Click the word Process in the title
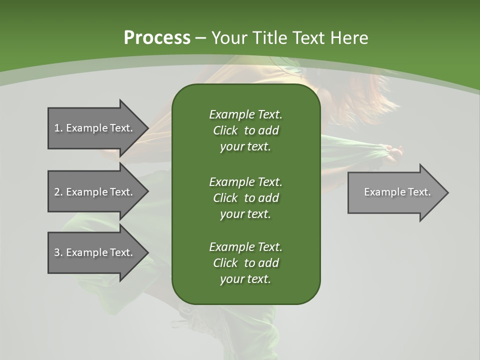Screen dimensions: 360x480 point(157,37)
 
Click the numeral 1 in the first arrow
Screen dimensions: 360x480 point(57,128)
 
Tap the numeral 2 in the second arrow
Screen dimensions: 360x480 point(57,192)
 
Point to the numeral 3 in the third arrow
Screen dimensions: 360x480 point(57,252)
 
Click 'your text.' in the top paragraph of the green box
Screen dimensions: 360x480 point(245,147)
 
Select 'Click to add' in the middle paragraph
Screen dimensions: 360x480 point(245,198)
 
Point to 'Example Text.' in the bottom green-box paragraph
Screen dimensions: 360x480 point(245,247)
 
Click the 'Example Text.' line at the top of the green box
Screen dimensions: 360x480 point(245,114)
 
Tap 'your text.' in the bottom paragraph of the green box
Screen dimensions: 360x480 point(245,279)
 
